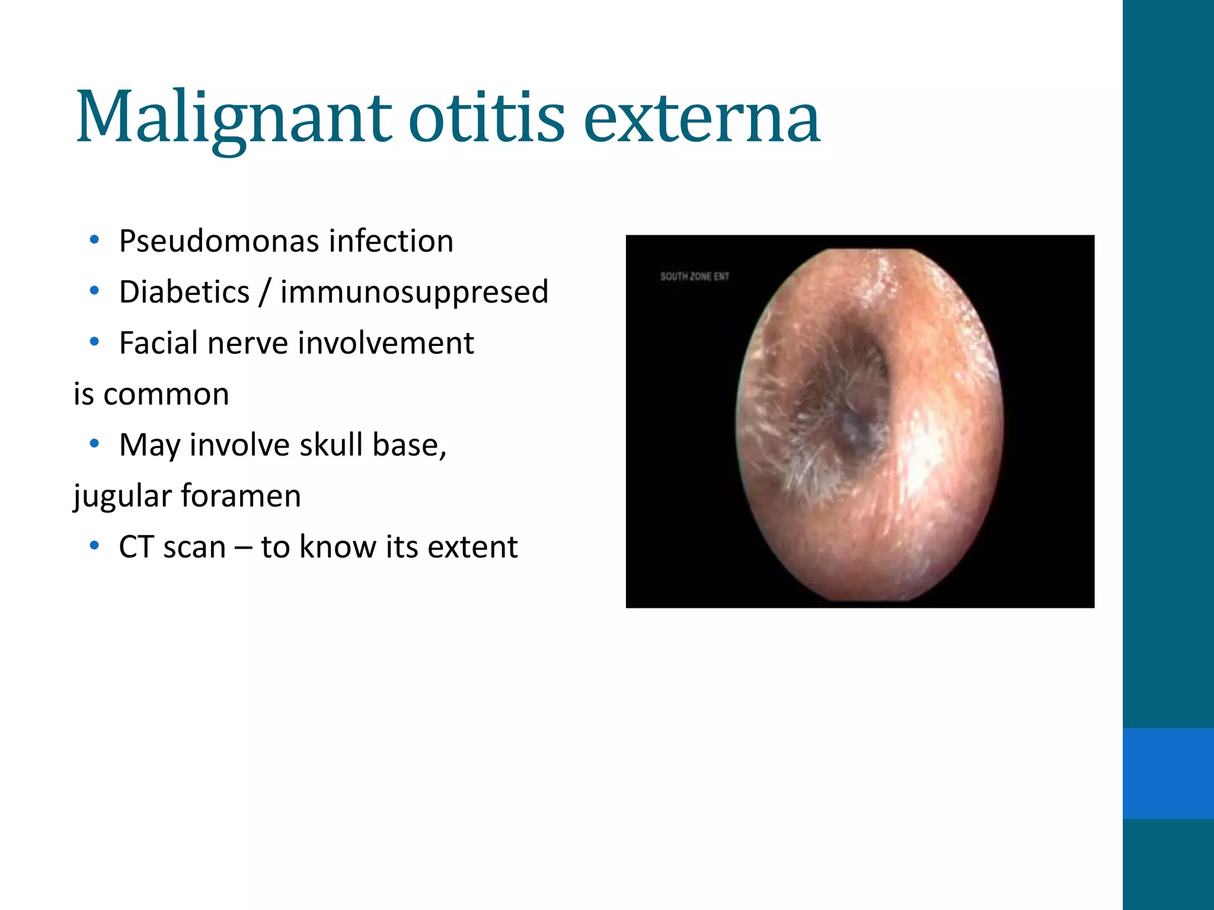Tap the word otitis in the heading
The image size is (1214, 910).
click(x=486, y=118)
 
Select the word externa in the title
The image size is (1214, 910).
click(x=702, y=118)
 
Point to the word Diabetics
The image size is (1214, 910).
click(x=184, y=293)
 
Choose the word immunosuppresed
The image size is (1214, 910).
click(x=414, y=293)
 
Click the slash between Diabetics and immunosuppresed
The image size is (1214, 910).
click(x=265, y=293)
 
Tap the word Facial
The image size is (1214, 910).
click(x=158, y=344)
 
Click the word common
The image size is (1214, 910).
click(x=166, y=395)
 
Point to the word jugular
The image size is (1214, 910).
click(x=122, y=496)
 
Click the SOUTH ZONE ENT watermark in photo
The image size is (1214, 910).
click(x=695, y=276)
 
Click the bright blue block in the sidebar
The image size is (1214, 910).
click(x=1168, y=773)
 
